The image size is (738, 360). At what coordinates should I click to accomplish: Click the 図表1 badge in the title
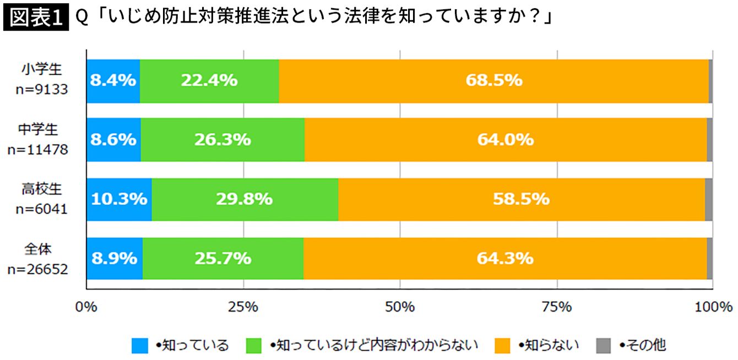pos(35,18)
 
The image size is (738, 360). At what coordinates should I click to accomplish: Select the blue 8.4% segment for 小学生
pos(113,80)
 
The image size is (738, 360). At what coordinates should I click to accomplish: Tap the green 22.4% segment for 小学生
pos(209,80)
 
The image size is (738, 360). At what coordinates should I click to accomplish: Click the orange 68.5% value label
pos(493,80)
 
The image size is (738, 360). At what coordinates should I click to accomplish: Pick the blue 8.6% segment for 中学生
pos(113,140)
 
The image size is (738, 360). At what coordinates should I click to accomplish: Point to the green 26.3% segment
pos(223,140)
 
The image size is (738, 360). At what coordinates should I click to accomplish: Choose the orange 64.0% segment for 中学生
pos(506,140)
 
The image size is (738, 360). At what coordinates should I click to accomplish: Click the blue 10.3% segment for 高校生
pos(119,199)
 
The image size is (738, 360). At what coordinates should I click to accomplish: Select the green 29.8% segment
pos(245,199)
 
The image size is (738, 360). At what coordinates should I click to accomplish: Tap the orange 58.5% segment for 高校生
pos(521,199)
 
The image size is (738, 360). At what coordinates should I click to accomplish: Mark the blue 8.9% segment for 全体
pos(115,258)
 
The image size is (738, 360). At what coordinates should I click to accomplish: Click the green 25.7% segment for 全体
pos(223,258)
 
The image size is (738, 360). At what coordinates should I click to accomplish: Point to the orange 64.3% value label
pos(505,258)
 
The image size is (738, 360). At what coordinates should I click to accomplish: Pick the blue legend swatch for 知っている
pos(140,346)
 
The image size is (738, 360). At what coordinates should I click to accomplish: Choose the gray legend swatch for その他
pos(604,346)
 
